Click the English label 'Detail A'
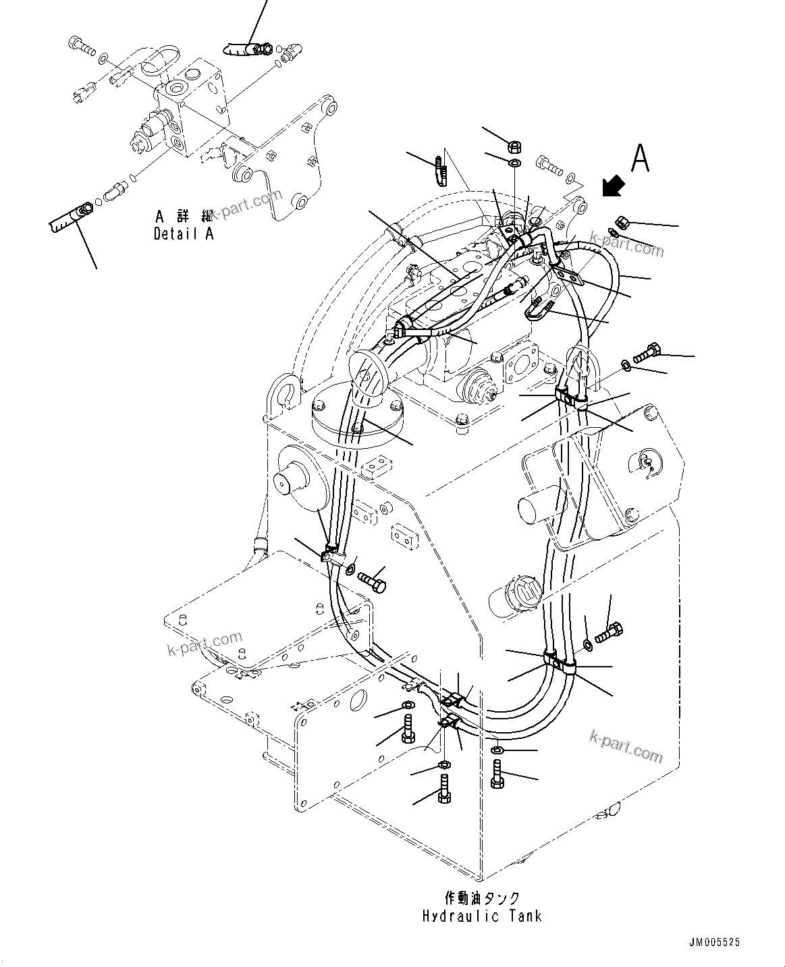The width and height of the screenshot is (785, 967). (x=183, y=234)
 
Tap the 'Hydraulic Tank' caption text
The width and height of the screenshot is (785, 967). (x=482, y=916)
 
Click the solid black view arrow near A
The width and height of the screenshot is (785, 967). (x=613, y=186)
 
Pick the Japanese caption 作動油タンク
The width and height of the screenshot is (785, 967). (x=482, y=897)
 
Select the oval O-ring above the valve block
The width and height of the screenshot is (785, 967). (x=159, y=57)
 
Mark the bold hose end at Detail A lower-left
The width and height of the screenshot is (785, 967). (x=70, y=219)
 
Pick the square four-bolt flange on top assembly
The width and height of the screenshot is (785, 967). (x=521, y=365)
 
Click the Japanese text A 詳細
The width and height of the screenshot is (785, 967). (x=183, y=217)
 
